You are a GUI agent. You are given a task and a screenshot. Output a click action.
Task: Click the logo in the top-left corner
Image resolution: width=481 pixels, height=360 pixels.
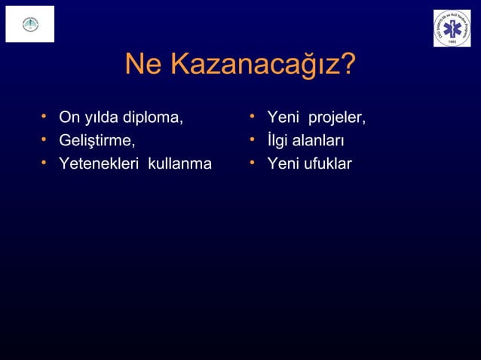coord(30,24)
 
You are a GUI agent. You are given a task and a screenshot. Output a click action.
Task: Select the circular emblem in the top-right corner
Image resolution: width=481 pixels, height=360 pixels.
coord(452,28)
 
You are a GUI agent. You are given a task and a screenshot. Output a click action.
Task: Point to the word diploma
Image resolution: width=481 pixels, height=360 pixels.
coord(155,118)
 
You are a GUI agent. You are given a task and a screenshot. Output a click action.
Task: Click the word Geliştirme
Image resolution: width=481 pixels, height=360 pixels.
coord(97,141)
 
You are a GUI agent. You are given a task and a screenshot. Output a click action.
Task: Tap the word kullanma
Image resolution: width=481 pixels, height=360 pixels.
coord(180,163)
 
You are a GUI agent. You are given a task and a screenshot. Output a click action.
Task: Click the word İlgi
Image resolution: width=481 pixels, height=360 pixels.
coord(280,141)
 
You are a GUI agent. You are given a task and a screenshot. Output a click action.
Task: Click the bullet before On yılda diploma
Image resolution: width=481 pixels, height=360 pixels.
coord(45,117)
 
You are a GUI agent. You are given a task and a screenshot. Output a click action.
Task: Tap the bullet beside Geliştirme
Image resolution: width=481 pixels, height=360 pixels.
coord(45,139)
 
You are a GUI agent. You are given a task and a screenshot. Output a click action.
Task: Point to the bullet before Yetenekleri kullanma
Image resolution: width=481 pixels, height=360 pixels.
coord(45,162)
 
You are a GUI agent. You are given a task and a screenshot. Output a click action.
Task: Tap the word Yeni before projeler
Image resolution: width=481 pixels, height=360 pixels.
coord(283,118)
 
